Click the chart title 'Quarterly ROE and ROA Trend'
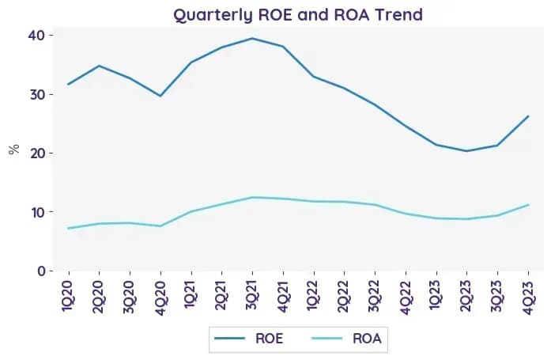(x=298, y=15)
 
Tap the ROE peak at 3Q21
(x=252, y=38)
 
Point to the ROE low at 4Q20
(x=160, y=96)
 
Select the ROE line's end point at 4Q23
(x=528, y=116)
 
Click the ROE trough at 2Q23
(x=466, y=151)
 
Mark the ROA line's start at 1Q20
(x=69, y=229)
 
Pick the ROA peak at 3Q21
(x=252, y=197)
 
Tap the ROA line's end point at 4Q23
(x=528, y=205)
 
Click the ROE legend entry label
(x=269, y=339)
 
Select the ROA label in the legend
(x=367, y=339)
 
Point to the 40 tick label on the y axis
(x=36, y=35)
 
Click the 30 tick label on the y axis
(x=37, y=94)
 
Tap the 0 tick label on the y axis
(x=41, y=271)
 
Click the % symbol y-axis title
(x=14, y=150)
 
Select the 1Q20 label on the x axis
(x=67, y=296)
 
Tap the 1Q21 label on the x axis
(x=191, y=294)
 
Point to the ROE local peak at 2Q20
(x=99, y=66)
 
